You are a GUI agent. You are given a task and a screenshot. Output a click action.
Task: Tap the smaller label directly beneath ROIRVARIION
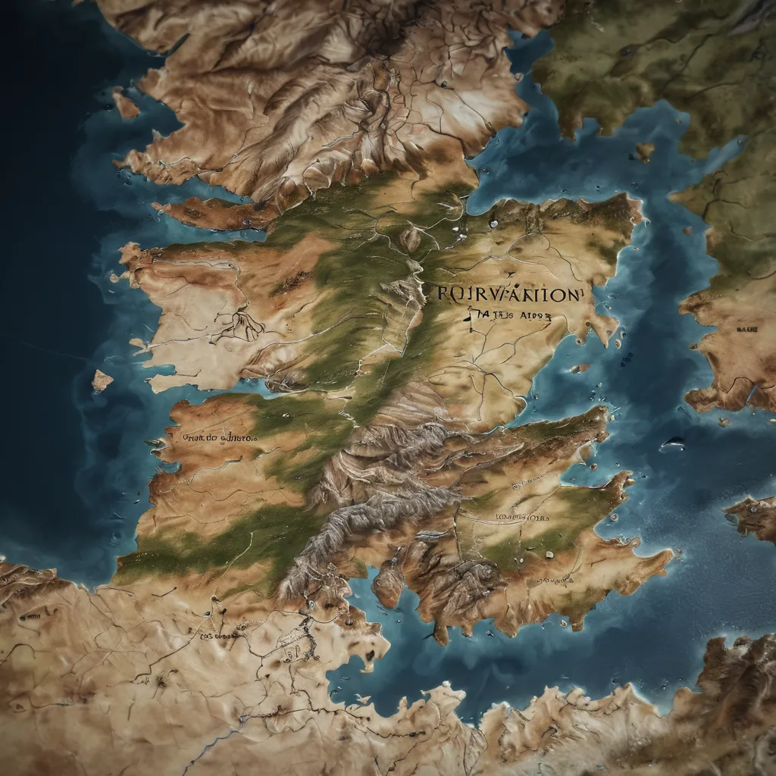[499, 318]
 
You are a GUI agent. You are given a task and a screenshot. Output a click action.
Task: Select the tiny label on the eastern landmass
[746, 330]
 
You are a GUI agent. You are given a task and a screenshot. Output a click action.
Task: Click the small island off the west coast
[102, 380]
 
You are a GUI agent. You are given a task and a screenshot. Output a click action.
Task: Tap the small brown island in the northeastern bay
[645, 151]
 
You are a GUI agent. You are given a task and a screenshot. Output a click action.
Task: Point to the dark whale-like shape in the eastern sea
[672, 445]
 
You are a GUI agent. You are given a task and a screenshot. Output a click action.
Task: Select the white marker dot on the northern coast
[493, 224]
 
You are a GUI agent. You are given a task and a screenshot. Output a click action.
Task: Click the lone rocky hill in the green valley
[410, 239]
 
